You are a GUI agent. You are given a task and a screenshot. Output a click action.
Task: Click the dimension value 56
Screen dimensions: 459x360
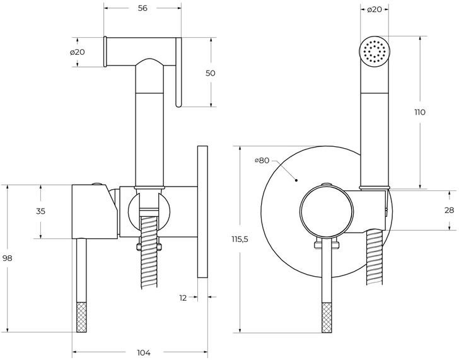(142, 8)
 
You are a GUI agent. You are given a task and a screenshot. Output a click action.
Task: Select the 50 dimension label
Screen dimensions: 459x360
(210, 73)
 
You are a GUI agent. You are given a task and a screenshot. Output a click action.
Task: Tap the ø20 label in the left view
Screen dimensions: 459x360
(78, 52)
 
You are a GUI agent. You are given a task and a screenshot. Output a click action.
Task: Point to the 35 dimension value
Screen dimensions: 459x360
(41, 211)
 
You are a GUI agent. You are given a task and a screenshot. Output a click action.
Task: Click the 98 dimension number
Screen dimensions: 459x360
(8, 258)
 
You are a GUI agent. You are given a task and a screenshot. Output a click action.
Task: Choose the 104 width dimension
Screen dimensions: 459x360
(144, 352)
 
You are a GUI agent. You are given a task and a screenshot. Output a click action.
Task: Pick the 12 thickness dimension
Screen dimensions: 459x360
(183, 298)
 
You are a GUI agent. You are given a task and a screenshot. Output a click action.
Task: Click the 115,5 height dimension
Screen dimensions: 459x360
(240, 239)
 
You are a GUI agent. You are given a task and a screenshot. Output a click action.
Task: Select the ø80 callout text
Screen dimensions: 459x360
(262, 160)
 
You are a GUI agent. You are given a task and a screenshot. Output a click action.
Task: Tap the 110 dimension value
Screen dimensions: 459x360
(420, 112)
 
